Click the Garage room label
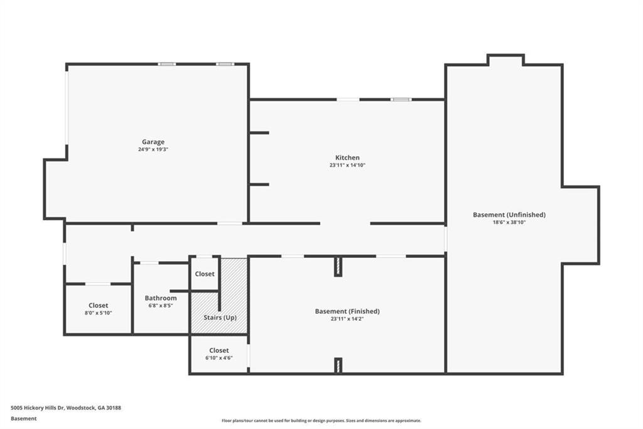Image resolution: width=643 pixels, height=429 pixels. point(153,142)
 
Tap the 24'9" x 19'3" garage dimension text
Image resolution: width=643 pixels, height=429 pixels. point(153,149)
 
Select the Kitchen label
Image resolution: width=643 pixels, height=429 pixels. point(347,157)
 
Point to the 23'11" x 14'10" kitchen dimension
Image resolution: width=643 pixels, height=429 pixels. point(347,165)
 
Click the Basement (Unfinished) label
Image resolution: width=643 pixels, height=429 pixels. point(509,214)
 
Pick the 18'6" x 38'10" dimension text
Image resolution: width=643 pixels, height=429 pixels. point(509,222)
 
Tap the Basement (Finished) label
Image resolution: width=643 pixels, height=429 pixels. point(347,311)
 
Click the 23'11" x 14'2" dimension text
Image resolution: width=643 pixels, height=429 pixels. point(347,318)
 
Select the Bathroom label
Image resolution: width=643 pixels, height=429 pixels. point(161,298)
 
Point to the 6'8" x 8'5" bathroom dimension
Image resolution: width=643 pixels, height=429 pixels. point(161,306)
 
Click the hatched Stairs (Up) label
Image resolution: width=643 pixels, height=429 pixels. point(220,317)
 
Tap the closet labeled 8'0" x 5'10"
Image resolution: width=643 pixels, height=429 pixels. point(98,308)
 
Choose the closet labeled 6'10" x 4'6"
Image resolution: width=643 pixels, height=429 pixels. point(219,354)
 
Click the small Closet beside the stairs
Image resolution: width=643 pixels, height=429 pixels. point(205,274)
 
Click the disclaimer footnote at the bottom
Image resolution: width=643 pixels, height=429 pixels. point(321,421)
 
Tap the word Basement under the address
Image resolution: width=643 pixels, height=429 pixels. point(23,418)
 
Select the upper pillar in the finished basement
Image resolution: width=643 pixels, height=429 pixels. point(338,266)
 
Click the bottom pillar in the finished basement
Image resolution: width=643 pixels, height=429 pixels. point(338,365)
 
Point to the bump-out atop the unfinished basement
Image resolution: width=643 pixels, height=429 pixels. point(505,60)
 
